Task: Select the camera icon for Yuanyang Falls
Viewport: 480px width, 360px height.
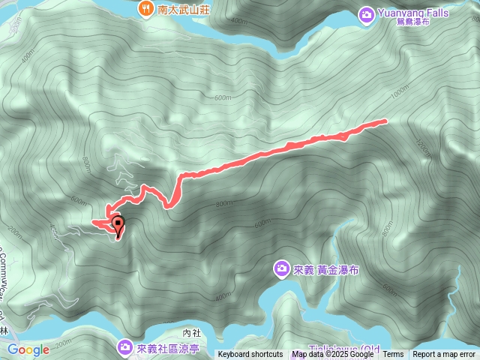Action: click(x=367, y=13)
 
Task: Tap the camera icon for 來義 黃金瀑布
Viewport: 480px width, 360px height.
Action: click(x=281, y=268)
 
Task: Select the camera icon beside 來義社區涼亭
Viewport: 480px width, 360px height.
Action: click(x=124, y=346)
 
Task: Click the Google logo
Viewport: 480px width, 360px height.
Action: click(x=28, y=349)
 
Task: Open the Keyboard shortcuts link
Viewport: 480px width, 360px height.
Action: click(x=250, y=355)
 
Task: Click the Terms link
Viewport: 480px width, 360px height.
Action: click(x=393, y=355)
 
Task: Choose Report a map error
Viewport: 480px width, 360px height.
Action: click(x=445, y=355)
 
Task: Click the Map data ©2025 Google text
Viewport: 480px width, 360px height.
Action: click(x=333, y=355)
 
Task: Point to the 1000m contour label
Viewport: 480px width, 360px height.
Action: click(x=401, y=90)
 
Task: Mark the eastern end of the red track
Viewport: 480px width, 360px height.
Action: click(x=385, y=120)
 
